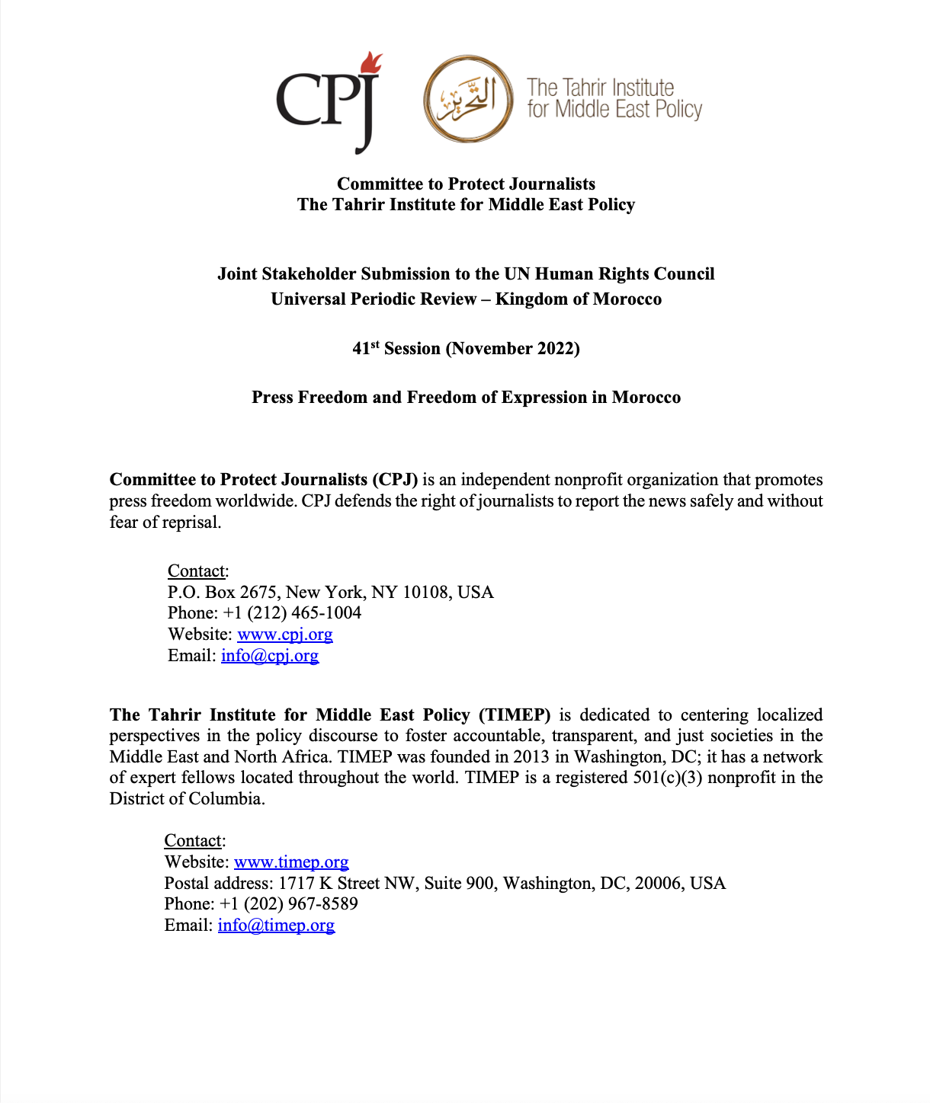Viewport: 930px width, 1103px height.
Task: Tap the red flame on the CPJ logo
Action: pyautogui.click(x=371, y=62)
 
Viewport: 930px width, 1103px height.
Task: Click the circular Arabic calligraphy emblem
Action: pyautogui.click(x=467, y=99)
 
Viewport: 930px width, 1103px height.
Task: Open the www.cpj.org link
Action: pyautogui.click(x=284, y=635)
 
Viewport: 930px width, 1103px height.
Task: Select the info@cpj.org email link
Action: pyautogui.click(x=270, y=656)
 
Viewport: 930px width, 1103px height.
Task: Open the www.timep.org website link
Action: pyautogui.click(x=291, y=862)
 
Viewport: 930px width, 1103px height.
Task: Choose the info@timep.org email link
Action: pyautogui.click(x=276, y=926)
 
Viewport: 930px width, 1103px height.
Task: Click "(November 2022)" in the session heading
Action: pyautogui.click(x=513, y=349)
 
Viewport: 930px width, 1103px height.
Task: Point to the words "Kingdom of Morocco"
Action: pyautogui.click(x=579, y=299)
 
